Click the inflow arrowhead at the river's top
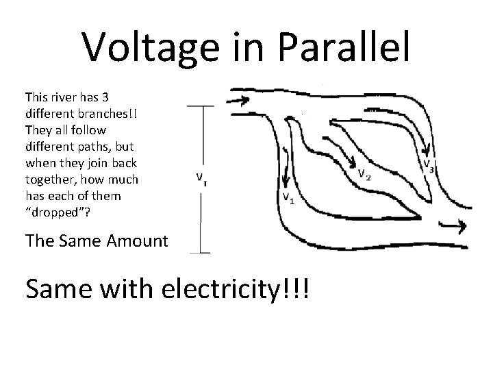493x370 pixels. click(242, 101)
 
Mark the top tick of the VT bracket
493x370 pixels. click(200, 106)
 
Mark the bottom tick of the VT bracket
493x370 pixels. click(200, 253)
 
